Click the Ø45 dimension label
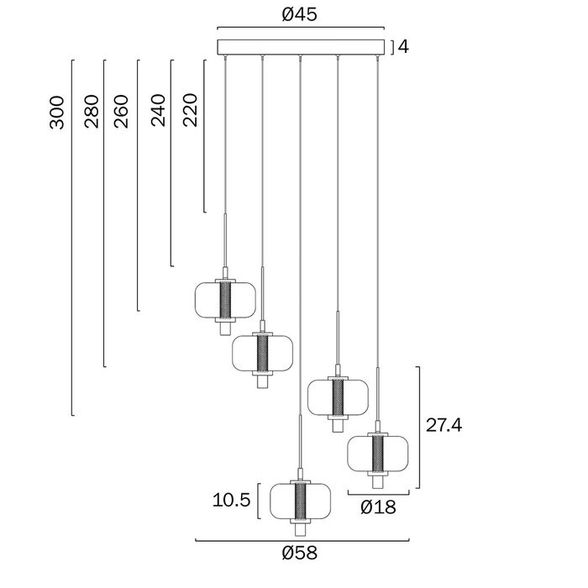tap(299, 14)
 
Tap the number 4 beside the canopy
tap(403, 47)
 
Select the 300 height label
tap(57, 113)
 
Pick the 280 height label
tap(92, 112)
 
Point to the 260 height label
tap(121, 112)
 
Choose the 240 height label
tap(158, 110)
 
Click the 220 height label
tap(190, 110)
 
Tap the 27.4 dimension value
tap(444, 425)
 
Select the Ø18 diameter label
tap(378, 507)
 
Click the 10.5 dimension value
tap(231, 500)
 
